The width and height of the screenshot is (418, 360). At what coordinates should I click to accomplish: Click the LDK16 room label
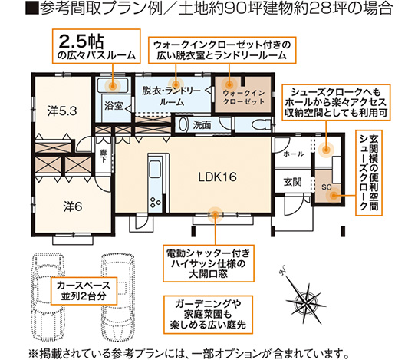(x=216, y=177)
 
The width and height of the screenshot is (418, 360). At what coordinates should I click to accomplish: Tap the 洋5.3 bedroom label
(x=60, y=111)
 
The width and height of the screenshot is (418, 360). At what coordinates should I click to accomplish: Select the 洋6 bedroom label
(x=72, y=205)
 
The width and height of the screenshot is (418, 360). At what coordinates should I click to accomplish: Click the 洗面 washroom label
(x=202, y=124)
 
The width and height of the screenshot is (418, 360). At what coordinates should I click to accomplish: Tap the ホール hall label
(x=294, y=154)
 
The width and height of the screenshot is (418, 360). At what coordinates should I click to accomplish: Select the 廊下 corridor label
(x=105, y=154)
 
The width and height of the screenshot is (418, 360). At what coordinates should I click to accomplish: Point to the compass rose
(x=298, y=291)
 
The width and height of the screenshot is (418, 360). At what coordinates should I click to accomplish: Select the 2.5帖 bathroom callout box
(x=96, y=45)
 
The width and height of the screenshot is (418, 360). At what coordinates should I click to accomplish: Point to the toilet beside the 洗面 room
(x=260, y=124)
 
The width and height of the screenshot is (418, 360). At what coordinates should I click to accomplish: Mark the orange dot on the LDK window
(x=214, y=215)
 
